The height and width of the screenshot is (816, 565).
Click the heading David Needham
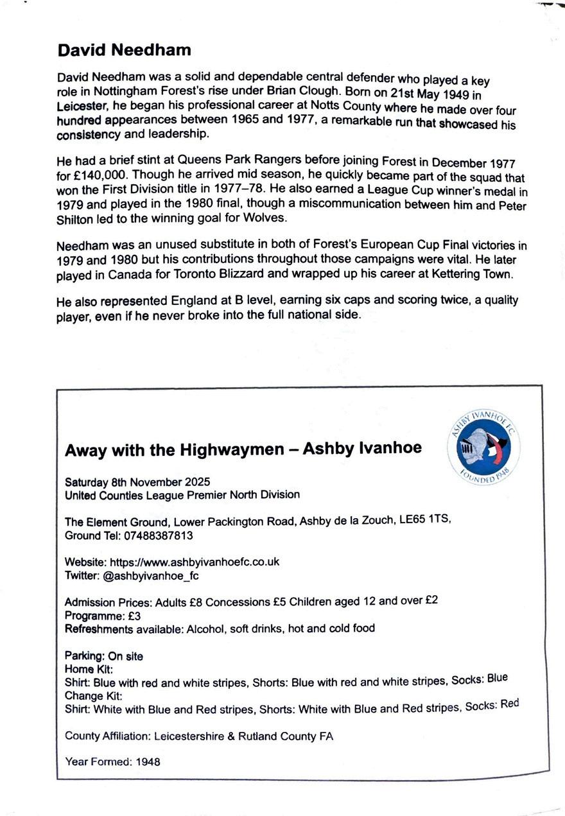(x=124, y=49)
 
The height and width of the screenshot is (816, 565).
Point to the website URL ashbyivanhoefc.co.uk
(x=195, y=561)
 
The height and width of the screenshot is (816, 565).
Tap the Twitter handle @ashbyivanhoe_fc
(x=151, y=575)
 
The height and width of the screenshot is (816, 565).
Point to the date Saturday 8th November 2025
(x=137, y=482)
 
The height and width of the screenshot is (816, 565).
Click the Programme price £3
(x=134, y=615)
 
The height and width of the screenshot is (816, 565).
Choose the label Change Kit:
(x=93, y=695)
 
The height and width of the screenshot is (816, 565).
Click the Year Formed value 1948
(x=148, y=762)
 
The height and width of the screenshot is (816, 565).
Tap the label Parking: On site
(x=104, y=656)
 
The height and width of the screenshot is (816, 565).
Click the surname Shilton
(x=78, y=218)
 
